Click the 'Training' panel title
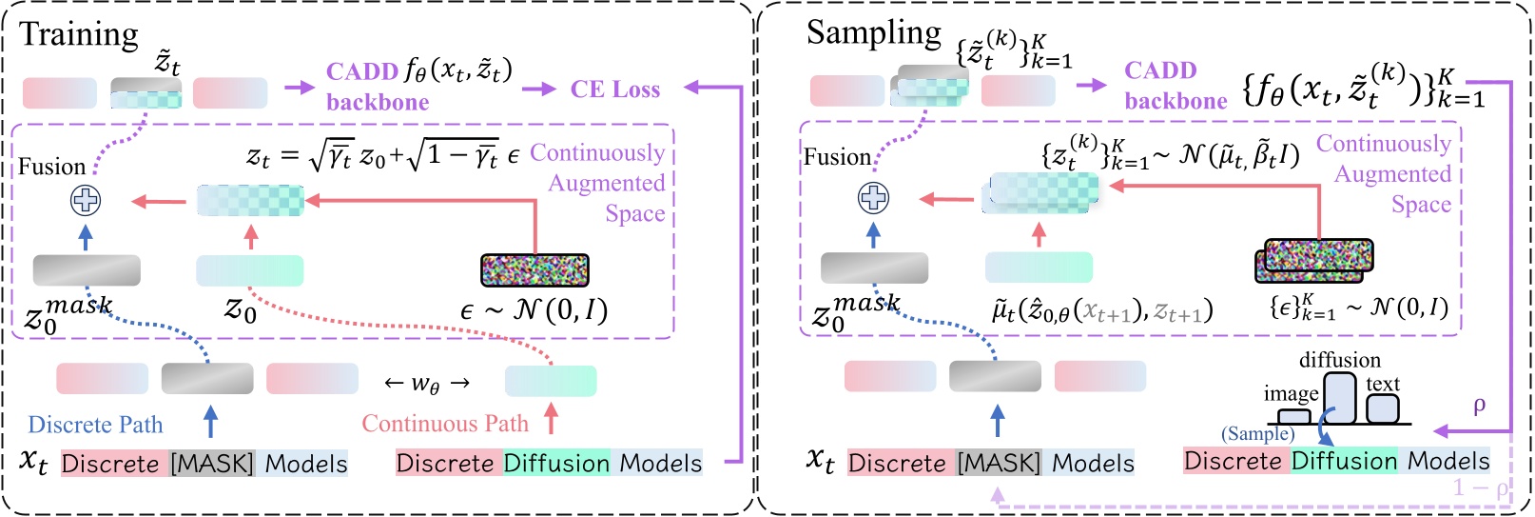click(x=79, y=34)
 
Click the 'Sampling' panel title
click(x=873, y=32)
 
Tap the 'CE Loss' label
click(x=614, y=89)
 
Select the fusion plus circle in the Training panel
click(x=86, y=200)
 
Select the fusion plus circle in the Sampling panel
click(x=873, y=198)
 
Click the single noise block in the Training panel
click(x=534, y=270)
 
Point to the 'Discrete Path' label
click(x=95, y=425)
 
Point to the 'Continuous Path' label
click(x=444, y=424)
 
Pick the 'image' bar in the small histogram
click(x=1293, y=416)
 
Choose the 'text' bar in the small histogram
click(x=1382, y=408)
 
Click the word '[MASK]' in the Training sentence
click(x=212, y=464)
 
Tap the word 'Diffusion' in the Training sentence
click(x=556, y=464)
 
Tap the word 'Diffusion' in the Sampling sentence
click(x=1343, y=461)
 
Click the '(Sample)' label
click(x=1257, y=434)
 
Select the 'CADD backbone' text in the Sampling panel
click(x=1175, y=86)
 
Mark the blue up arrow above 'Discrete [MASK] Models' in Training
click(x=210, y=420)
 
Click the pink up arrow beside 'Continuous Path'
click(x=551, y=418)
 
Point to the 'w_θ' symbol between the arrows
click(x=426, y=383)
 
